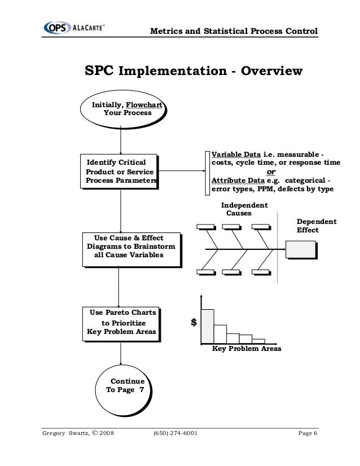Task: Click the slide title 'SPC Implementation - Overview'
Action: [194, 72]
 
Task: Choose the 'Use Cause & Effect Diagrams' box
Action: [131, 247]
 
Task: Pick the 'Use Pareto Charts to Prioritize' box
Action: [120, 322]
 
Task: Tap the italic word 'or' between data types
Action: [271, 172]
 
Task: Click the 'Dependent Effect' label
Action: [316, 226]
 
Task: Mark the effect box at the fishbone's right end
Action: [300, 249]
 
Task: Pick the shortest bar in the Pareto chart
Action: [258, 340]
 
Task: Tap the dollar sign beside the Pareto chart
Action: [194, 323]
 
